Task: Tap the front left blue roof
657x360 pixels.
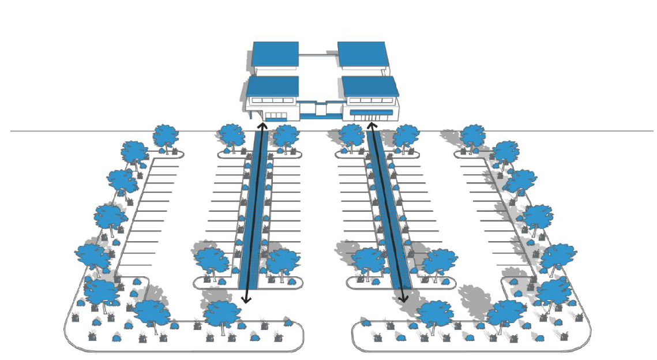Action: point(272,86)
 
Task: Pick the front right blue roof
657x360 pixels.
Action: point(370,86)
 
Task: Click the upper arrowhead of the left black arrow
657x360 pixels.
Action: point(261,125)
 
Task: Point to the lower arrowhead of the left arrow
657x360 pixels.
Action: point(246,299)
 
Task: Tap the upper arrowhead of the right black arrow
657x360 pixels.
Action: point(371,125)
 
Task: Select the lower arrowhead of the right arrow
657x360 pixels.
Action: point(404,299)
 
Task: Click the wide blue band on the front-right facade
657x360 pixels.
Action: point(371,112)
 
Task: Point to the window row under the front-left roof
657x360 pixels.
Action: point(271,100)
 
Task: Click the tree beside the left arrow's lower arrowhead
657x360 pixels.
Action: point(222,313)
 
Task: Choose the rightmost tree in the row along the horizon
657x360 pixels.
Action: point(473,136)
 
